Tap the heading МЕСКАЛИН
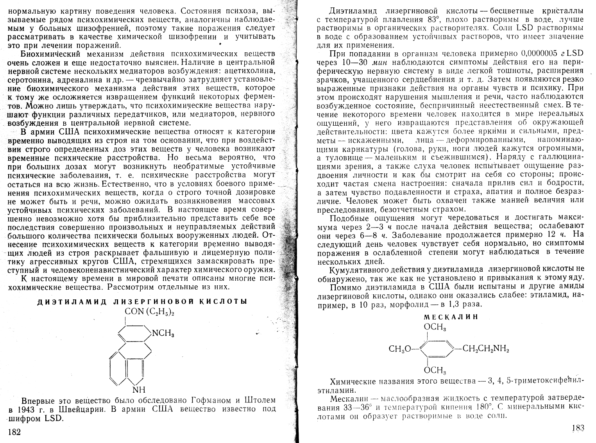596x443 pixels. [x=451, y=317]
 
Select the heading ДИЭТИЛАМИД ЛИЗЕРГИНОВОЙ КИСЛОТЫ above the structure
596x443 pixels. [x=142, y=301]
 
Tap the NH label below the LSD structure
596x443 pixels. [x=139, y=390]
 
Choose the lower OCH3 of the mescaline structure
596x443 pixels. [x=435, y=370]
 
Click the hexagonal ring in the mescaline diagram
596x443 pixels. [x=435, y=349]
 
